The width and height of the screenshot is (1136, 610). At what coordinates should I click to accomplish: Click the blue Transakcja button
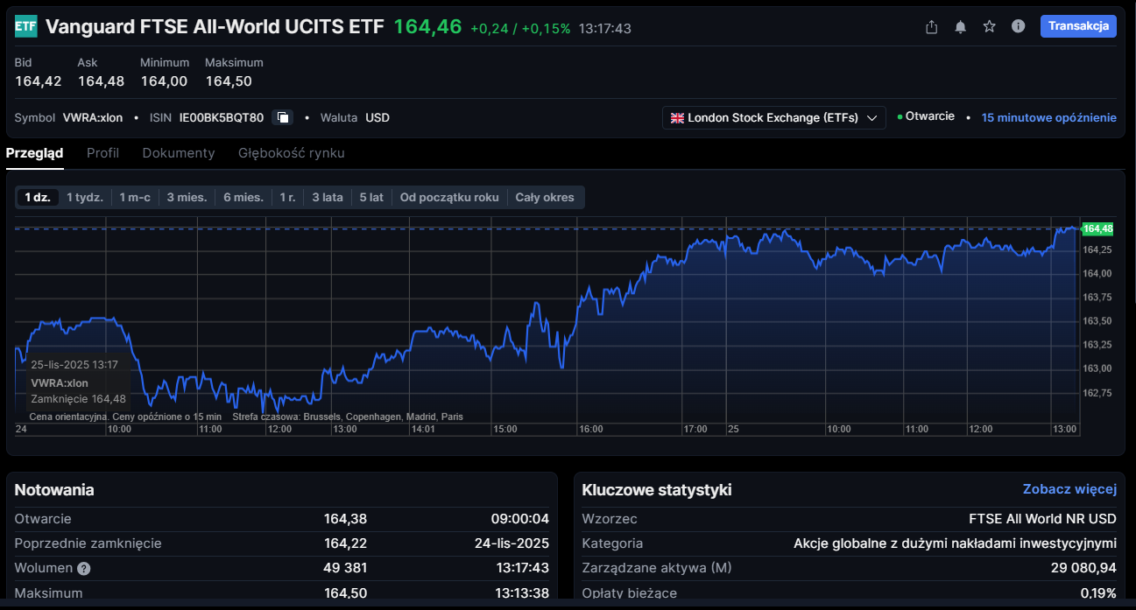pyautogui.click(x=1078, y=26)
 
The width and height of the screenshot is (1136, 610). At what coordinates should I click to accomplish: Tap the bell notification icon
pyautogui.click(x=960, y=27)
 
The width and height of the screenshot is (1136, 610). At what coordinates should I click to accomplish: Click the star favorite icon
pyautogui.click(x=989, y=26)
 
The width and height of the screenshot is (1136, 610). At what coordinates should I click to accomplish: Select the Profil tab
pyautogui.click(x=102, y=153)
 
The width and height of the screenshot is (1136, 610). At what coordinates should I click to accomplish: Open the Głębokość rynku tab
pyautogui.click(x=291, y=153)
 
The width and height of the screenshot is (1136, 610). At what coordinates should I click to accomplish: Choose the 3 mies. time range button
pyautogui.click(x=187, y=197)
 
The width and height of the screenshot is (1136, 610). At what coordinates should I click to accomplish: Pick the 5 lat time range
pyautogui.click(x=371, y=197)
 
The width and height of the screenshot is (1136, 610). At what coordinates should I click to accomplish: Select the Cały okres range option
pyautogui.click(x=545, y=197)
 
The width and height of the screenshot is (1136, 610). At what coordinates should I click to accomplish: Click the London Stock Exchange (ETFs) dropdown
pyautogui.click(x=773, y=118)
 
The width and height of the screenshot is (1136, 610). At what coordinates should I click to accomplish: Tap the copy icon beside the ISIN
pyautogui.click(x=282, y=117)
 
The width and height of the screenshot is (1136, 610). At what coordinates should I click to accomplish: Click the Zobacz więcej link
pyautogui.click(x=1069, y=489)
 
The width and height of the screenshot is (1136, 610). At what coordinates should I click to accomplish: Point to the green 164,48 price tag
pyautogui.click(x=1097, y=228)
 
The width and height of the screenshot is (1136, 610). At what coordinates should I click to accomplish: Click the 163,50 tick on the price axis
pyautogui.click(x=1097, y=321)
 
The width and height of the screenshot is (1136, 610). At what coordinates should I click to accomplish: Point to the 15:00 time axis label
pyautogui.click(x=505, y=430)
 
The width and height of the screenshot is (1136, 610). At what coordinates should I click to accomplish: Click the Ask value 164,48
pyautogui.click(x=101, y=81)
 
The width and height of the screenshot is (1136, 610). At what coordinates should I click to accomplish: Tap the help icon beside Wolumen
pyautogui.click(x=84, y=568)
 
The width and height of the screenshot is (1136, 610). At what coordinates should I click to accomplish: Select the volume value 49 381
pyautogui.click(x=345, y=568)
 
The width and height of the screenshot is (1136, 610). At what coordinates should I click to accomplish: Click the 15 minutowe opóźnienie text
pyautogui.click(x=1048, y=117)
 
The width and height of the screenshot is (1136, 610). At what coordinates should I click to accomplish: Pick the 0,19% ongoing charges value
pyautogui.click(x=1098, y=593)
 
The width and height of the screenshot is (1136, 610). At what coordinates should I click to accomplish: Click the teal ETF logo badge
pyautogui.click(x=26, y=26)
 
